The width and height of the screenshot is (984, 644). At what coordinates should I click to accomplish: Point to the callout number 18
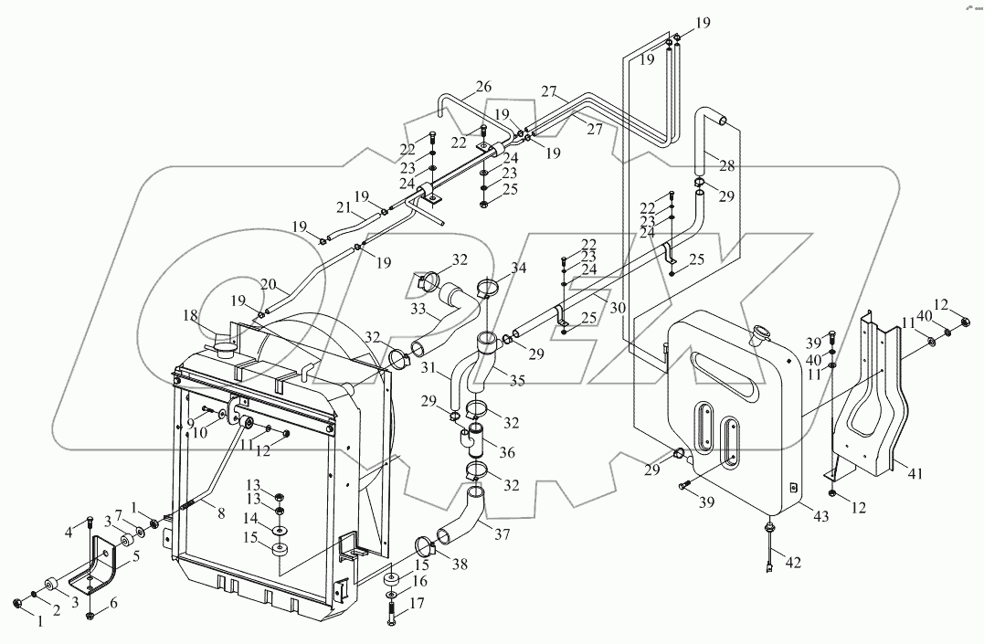click(191, 316)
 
